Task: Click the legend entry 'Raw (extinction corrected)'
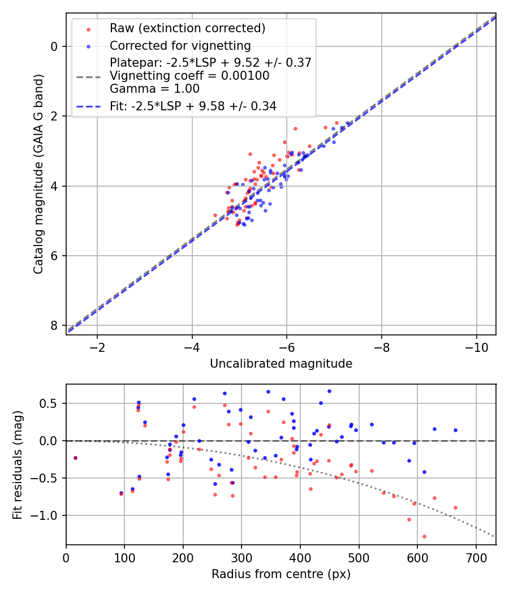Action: tap(187, 28)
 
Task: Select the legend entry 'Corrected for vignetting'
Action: tap(180, 45)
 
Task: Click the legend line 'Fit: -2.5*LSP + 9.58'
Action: tap(193, 106)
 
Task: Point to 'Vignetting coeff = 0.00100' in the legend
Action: tap(189, 75)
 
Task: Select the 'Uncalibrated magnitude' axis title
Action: tap(281, 364)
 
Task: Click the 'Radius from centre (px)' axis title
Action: tap(281, 574)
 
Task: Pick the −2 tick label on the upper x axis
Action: tap(97, 346)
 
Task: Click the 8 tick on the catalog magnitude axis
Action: tap(54, 325)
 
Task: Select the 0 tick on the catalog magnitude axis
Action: tap(54, 46)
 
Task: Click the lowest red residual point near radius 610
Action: tap(424, 536)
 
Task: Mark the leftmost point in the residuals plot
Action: tap(75, 458)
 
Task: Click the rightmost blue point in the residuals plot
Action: tap(455, 430)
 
